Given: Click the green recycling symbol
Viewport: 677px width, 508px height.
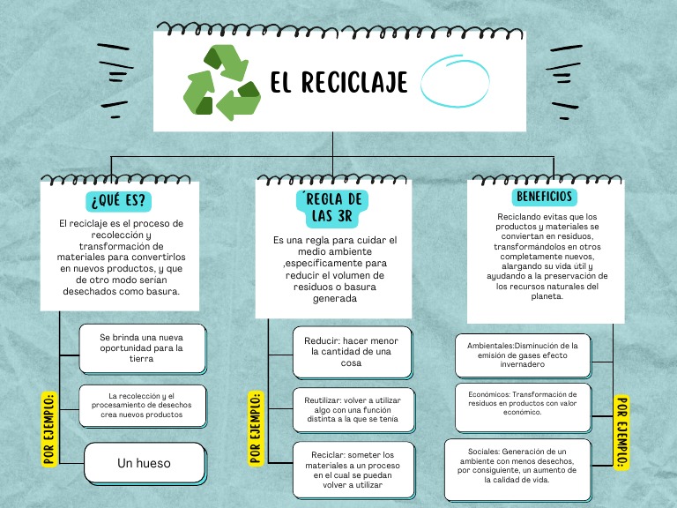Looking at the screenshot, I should (x=222, y=83).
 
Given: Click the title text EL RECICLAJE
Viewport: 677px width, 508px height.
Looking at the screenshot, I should (x=339, y=83).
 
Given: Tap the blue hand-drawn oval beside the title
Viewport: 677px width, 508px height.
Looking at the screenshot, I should (x=455, y=82).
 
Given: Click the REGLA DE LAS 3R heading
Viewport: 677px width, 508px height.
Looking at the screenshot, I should (x=331, y=207).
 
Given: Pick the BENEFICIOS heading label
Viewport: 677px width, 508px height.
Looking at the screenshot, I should (x=545, y=196).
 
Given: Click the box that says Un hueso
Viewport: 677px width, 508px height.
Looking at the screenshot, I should (x=144, y=463).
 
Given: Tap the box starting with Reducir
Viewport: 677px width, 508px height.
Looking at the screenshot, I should (x=353, y=351).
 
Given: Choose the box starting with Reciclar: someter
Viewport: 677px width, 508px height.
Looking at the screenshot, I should (x=353, y=470).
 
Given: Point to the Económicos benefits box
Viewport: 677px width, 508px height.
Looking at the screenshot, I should (x=523, y=404).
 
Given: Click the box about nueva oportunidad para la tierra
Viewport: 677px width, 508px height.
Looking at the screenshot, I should (x=142, y=347).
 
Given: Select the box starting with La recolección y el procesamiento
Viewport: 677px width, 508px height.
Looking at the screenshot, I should (x=142, y=406).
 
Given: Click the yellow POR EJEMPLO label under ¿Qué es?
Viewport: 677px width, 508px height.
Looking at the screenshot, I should (x=49, y=427).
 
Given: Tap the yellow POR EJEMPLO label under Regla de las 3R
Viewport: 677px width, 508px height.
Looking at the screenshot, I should (x=256, y=427).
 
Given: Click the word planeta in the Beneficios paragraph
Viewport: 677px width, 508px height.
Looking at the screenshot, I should (x=547, y=297).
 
